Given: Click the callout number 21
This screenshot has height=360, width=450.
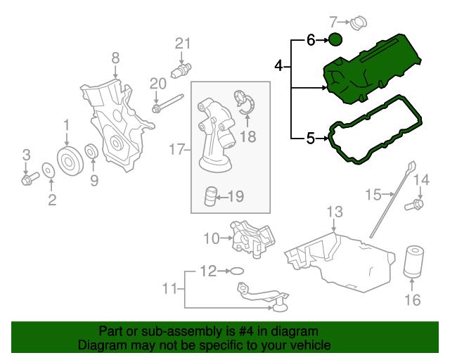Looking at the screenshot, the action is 183,44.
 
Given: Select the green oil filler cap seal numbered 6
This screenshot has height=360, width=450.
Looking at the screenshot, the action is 335,39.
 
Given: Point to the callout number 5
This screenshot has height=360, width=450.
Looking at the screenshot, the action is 311,138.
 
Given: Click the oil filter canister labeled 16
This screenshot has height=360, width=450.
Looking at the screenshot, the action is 413,262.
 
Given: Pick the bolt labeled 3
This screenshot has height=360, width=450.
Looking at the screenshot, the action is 30,179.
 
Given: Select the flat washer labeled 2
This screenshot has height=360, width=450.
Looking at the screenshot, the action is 49,171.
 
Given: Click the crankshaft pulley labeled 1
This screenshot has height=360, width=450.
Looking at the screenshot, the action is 70,161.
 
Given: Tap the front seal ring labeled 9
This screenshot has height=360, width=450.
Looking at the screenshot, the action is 92,152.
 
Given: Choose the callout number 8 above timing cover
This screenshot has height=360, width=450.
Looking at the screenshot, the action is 115,58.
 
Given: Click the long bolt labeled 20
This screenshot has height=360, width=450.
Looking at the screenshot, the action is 167,103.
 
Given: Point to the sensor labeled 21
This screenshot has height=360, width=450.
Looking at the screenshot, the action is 181,70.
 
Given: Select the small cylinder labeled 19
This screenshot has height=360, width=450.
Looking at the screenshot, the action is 211,196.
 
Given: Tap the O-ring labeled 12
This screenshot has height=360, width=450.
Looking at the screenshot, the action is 237,271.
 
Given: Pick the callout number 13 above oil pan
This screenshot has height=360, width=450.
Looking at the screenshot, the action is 335,212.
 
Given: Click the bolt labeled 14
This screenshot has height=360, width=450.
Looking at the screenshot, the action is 414,205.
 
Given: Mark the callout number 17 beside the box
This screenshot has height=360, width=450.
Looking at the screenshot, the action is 176,149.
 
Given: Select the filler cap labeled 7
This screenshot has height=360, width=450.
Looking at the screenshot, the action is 359,23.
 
